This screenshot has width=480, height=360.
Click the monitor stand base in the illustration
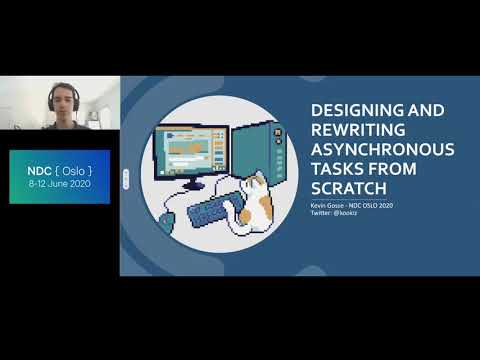tap(194, 185)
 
